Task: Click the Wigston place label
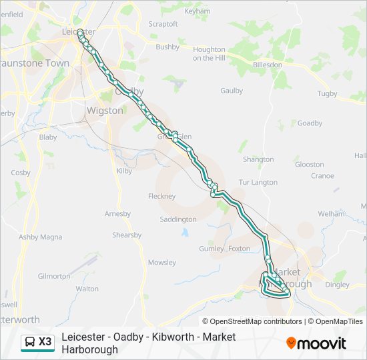point(105,111)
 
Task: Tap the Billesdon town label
point(268,65)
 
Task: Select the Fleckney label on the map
point(161,196)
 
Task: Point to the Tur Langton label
point(258,182)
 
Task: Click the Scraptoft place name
point(163,24)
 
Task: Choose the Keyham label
point(197,12)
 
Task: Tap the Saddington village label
point(178,219)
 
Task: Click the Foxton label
point(239,249)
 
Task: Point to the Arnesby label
point(118,213)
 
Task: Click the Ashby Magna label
point(40,237)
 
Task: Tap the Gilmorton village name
point(54,276)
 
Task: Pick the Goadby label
point(310,123)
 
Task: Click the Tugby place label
point(346,93)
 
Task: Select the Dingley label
point(337,285)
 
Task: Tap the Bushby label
point(167,47)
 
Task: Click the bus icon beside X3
point(30,342)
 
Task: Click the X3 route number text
point(45,342)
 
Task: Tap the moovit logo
point(316,343)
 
